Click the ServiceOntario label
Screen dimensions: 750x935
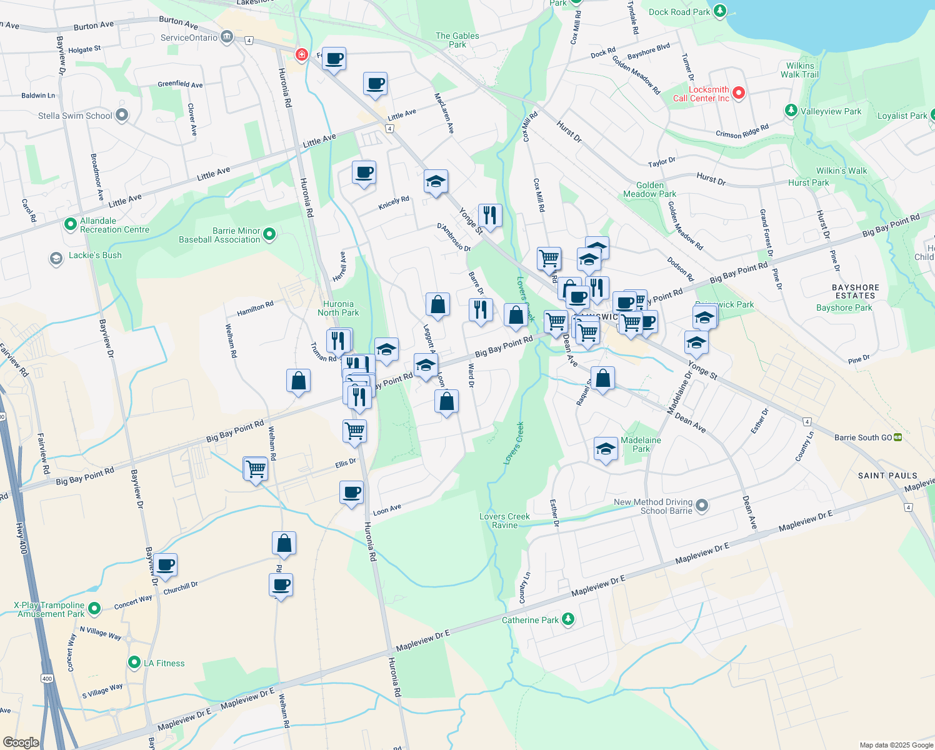coord(189,37)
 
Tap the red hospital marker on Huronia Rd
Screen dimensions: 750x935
coord(302,55)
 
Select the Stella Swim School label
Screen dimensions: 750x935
coord(75,116)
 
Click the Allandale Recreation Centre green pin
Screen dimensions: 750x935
coord(71,224)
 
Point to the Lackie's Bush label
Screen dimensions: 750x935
coord(95,255)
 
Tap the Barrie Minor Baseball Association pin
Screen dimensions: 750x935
coord(269,234)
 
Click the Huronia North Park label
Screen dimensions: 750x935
coord(338,308)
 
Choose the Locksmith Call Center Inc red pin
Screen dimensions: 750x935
coord(739,93)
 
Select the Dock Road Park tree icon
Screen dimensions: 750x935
coord(720,11)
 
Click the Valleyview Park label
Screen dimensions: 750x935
coord(831,111)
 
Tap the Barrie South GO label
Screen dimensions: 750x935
coord(863,437)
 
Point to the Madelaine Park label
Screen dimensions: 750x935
coord(641,444)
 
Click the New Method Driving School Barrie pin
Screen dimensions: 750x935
coord(702,505)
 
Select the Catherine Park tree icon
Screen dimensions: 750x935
coord(567,619)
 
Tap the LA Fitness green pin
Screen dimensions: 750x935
coord(134,662)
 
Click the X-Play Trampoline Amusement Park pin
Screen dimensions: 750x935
coord(94,607)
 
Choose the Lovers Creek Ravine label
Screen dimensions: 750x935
coord(504,521)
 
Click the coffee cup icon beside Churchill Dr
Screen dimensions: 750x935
coord(166,565)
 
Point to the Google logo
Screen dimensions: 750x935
coord(21,742)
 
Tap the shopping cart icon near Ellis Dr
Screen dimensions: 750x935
coord(255,468)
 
